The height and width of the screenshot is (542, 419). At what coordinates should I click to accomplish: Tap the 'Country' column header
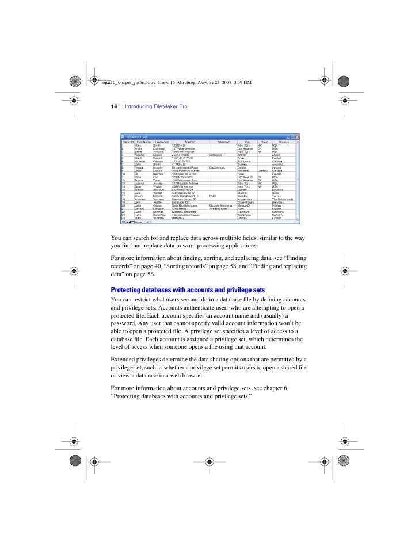[x=283, y=142]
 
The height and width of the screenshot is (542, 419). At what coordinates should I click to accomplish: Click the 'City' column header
[x=246, y=142]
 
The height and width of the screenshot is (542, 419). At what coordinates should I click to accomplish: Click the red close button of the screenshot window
[x=297, y=136]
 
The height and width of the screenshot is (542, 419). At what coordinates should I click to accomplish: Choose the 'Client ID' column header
[x=127, y=142]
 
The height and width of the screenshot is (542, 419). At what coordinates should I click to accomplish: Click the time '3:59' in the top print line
[x=239, y=81]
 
